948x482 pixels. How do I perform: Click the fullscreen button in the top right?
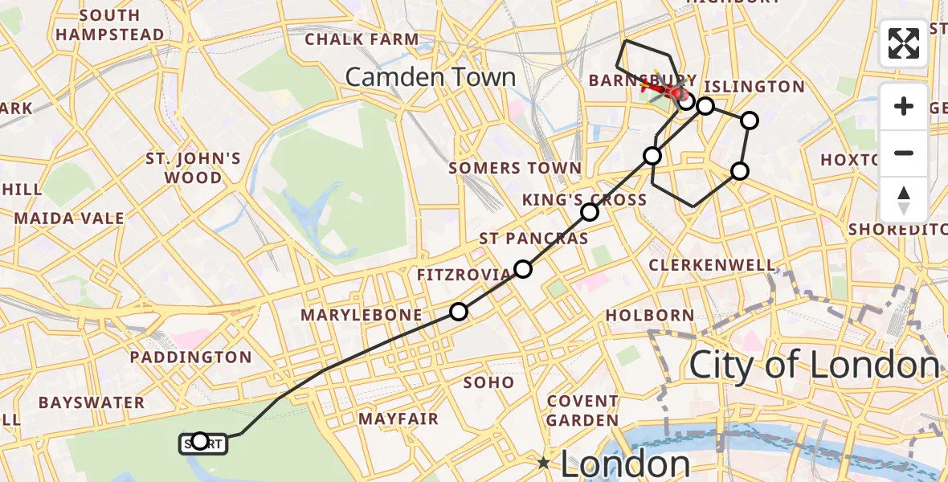[x=904, y=43]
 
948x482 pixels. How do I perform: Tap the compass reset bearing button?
[x=904, y=200]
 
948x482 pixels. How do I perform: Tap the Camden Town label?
[x=430, y=77]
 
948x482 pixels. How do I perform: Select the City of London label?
[x=814, y=366]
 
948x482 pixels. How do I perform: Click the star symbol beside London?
[x=544, y=463]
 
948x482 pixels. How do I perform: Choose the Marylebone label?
[x=362, y=315]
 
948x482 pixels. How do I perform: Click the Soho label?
[x=488, y=382]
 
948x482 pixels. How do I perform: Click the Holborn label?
[x=650, y=315]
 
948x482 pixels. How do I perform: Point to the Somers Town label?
[x=515, y=168]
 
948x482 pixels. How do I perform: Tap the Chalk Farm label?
[x=362, y=39]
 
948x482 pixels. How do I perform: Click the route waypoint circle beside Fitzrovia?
[x=523, y=269]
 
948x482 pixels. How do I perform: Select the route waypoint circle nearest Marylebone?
[x=458, y=312]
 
